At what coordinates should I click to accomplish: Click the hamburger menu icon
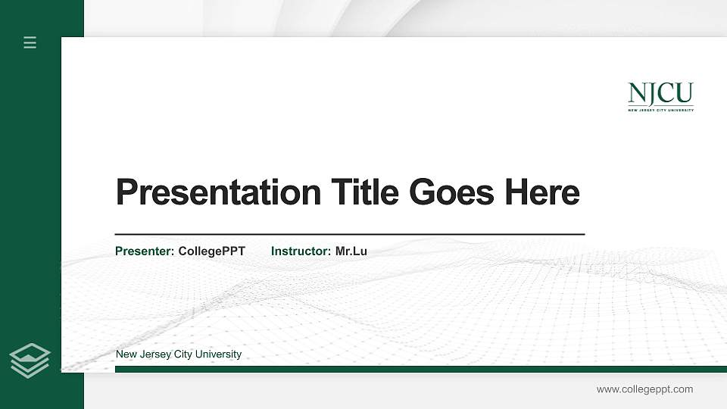(x=30, y=43)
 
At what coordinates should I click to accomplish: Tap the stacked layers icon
(x=30, y=360)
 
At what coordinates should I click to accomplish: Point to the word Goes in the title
(x=452, y=192)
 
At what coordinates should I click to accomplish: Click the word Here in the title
(x=542, y=192)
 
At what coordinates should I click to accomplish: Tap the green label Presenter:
(x=145, y=251)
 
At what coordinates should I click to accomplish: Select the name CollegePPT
(x=211, y=251)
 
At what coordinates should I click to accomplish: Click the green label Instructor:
(x=301, y=251)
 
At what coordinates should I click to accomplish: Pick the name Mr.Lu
(x=351, y=251)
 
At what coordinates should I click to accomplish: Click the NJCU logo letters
(x=660, y=94)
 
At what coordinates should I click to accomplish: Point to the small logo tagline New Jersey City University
(x=660, y=110)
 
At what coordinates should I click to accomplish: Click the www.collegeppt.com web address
(x=644, y=389)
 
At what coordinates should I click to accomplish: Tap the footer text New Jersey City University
(x=178, y=354)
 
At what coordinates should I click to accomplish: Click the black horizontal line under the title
(x=349, y=235)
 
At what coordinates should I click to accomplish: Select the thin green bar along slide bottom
(x=420, y=369)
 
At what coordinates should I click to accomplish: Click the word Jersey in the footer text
(x=155, y=354)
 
